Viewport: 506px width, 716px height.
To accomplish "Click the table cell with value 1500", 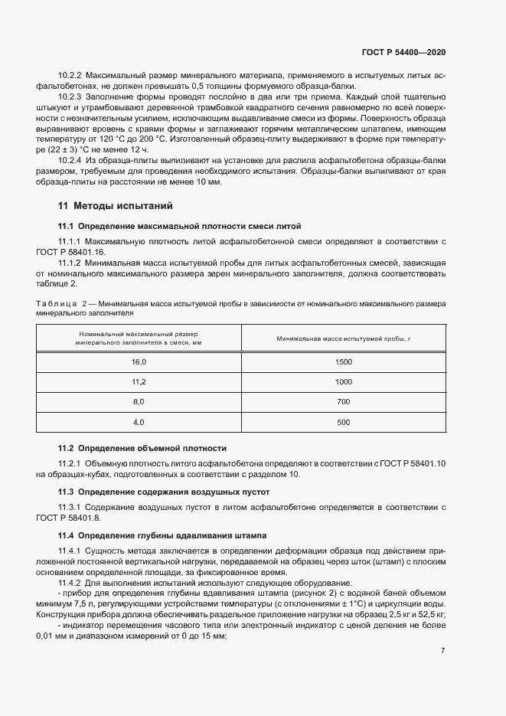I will click(343, 361).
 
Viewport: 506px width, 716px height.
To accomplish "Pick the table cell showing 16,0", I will click(139, 361).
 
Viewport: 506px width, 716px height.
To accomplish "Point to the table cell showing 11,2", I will click(139, 381).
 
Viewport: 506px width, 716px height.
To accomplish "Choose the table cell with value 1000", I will click(343, 381).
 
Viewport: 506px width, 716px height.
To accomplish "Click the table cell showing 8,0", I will click(139, 402).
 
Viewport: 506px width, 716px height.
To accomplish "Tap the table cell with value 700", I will click(343, 402).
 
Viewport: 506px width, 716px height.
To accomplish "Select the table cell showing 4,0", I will click(139, 422).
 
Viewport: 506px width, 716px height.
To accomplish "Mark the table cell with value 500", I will click(343, 422).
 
